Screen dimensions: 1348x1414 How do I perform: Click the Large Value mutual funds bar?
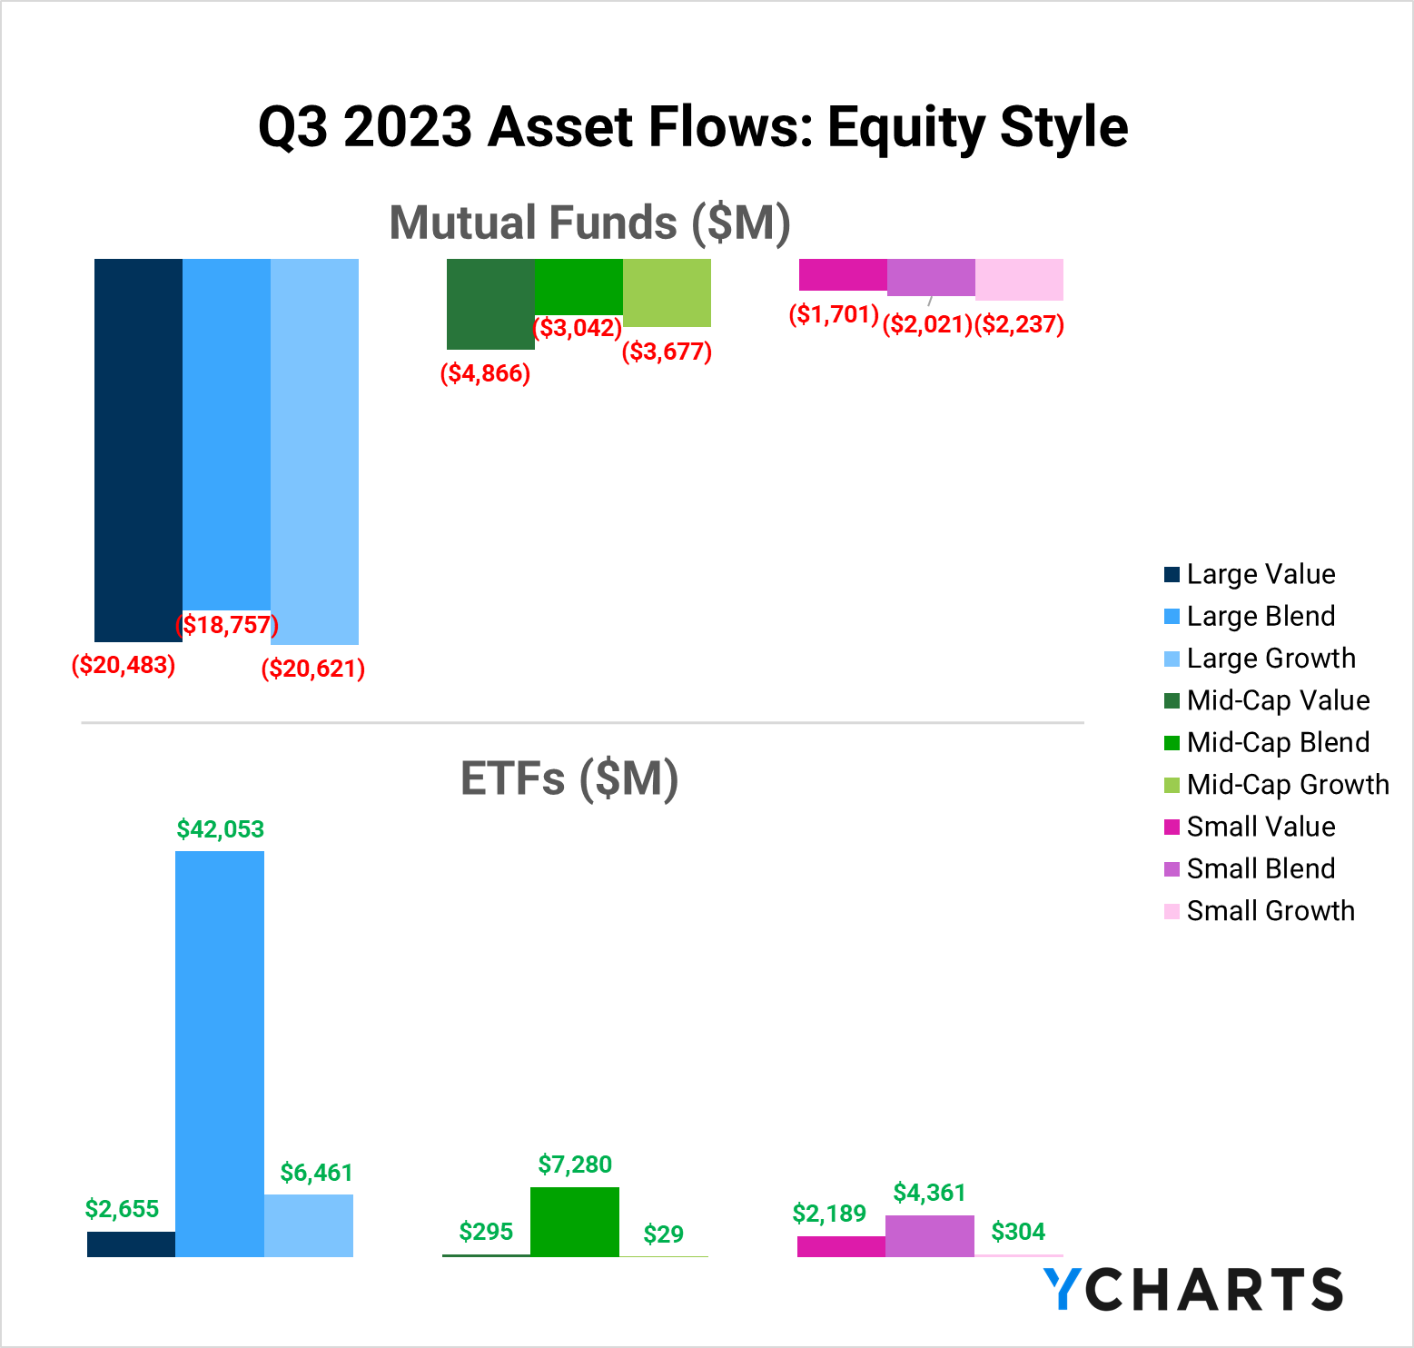point(138,450)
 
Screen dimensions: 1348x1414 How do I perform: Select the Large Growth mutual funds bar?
point(314,451)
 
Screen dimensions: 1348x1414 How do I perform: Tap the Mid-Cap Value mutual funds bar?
point(490,303)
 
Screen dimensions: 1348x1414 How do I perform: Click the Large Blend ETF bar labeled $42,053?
point(220,1054)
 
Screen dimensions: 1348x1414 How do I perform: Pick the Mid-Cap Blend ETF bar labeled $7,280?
point(575,1222)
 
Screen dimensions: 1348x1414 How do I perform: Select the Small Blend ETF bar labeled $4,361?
point(930,1236)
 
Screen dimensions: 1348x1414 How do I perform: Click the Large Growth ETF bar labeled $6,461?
point(309,1225)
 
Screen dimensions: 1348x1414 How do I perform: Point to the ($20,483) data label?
point(124,665)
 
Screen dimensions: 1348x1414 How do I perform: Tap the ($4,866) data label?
point(485,373)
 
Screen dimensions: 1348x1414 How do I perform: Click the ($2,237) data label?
point(1019,324)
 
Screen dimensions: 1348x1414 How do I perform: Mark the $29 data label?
point(663,1234)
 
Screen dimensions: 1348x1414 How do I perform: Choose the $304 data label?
point(1018,1232)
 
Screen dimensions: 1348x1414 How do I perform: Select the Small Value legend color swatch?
point(1172,827)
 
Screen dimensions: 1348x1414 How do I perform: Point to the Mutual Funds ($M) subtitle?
point(590,223)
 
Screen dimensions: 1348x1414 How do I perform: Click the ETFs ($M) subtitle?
point(569,778)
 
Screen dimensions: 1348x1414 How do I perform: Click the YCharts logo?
point(1192,1290)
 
